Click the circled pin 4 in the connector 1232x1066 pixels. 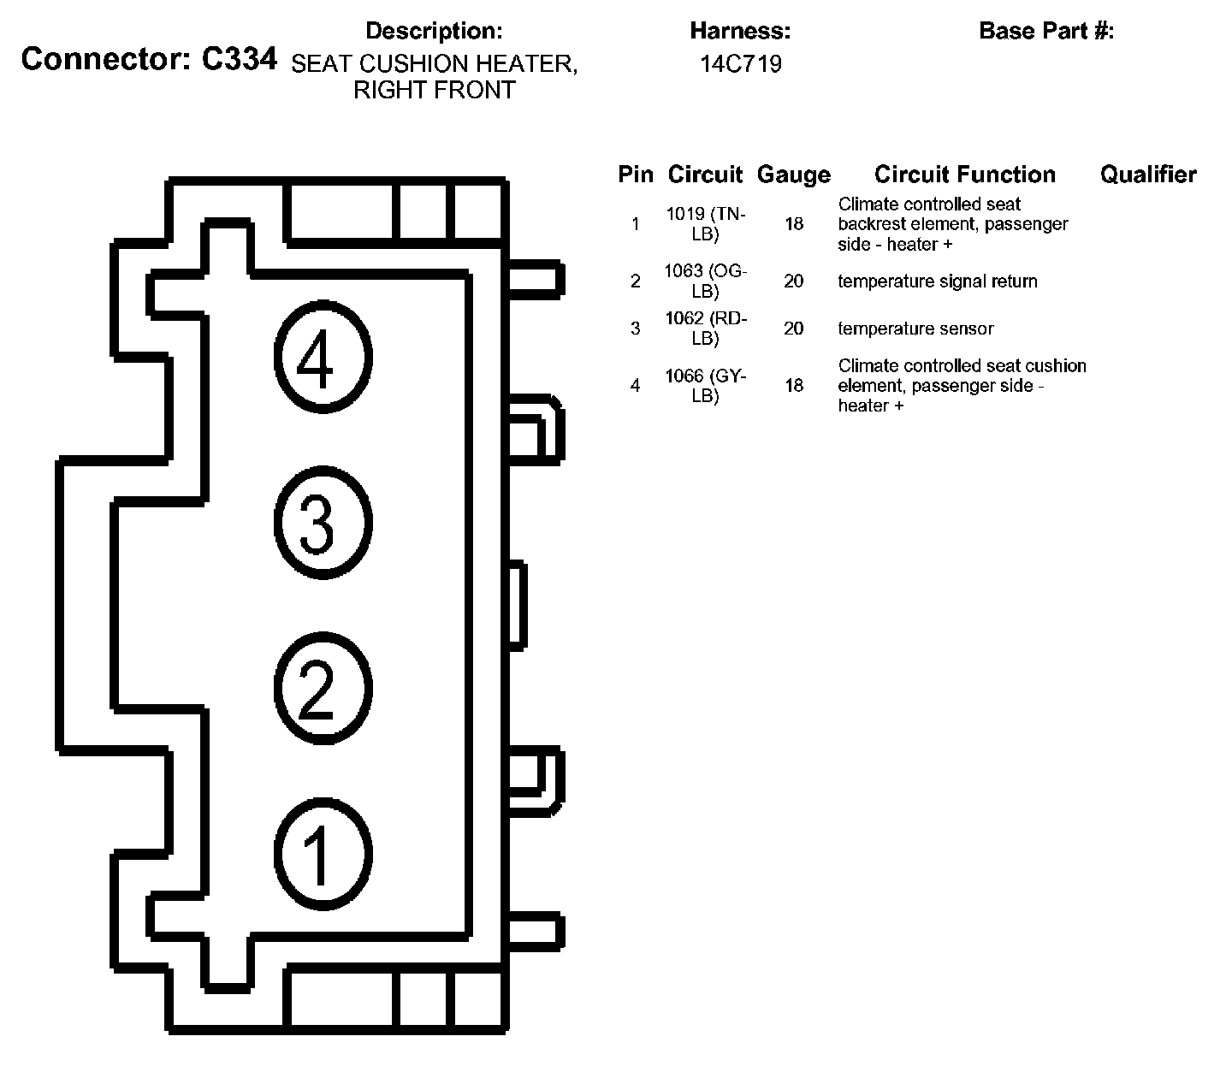click(x=323, y=357)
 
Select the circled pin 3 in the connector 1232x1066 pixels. click(x=323, y=522)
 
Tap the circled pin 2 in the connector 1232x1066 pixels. click(x=323, y=688)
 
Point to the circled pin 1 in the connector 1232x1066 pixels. click(x=323, y=854)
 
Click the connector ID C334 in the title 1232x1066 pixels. click(x=239, y=58)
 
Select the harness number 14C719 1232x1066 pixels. click(x=740, y=64)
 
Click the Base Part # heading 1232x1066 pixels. click(x=1046, y=31)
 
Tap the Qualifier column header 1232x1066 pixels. click(x=1148, y=174)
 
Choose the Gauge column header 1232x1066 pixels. click(x=793, y=175)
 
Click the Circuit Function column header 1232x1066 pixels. click(x=964, y=174)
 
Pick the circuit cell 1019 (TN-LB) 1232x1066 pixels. click(x=706, y=223)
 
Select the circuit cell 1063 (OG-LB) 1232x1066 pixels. click(x=706, y=281)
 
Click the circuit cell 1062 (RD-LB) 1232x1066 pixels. click(x=706, y=328)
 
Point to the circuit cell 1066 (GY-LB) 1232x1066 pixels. click(x=706, y=385)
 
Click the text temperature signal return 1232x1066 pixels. click(x=938, y=281)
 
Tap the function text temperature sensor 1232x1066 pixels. click(x=915, y=329)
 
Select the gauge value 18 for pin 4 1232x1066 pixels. click(x=794, y=386)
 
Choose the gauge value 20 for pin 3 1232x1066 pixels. click(x=793, y=329)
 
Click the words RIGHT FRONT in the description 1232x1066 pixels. click(x=434, y=90)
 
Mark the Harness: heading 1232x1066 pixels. click(x=740, y=31)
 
